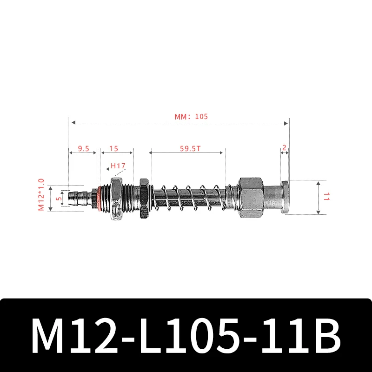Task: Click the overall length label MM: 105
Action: [191, 117]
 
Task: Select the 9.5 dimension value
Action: [84, 149]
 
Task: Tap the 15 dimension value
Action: [113, 149]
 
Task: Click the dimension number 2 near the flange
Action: [284, 148]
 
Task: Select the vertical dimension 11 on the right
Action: [325, 197]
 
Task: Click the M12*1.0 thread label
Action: [41, 195]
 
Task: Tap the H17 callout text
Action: [118, 166]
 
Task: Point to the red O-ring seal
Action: [98, 197]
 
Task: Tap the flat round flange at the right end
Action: [285, 197]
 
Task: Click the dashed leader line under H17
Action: [118, 173]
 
